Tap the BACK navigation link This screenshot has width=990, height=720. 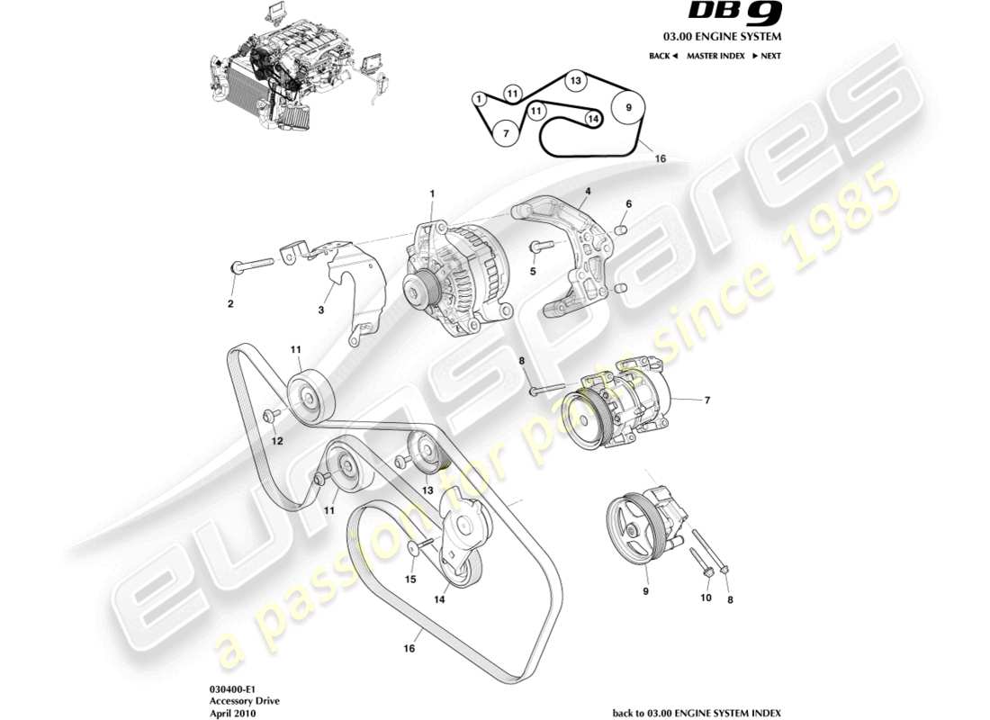(x=662, y=56)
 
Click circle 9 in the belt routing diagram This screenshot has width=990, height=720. (x=628, y=108)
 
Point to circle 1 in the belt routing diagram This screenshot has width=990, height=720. (x=480, y=98)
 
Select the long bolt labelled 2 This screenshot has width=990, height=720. (x=251, y=266)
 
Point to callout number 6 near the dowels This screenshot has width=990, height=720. (x=628, y=204)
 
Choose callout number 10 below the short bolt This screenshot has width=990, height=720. (x=706, y=597)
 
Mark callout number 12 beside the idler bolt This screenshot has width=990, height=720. (x=277, y=440)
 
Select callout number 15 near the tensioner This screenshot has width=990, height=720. (x=409, y=580)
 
